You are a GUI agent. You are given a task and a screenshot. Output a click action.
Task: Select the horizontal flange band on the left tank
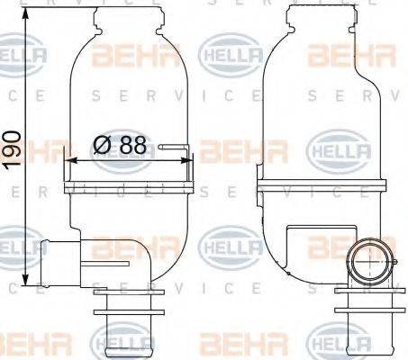click(130, 187)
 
